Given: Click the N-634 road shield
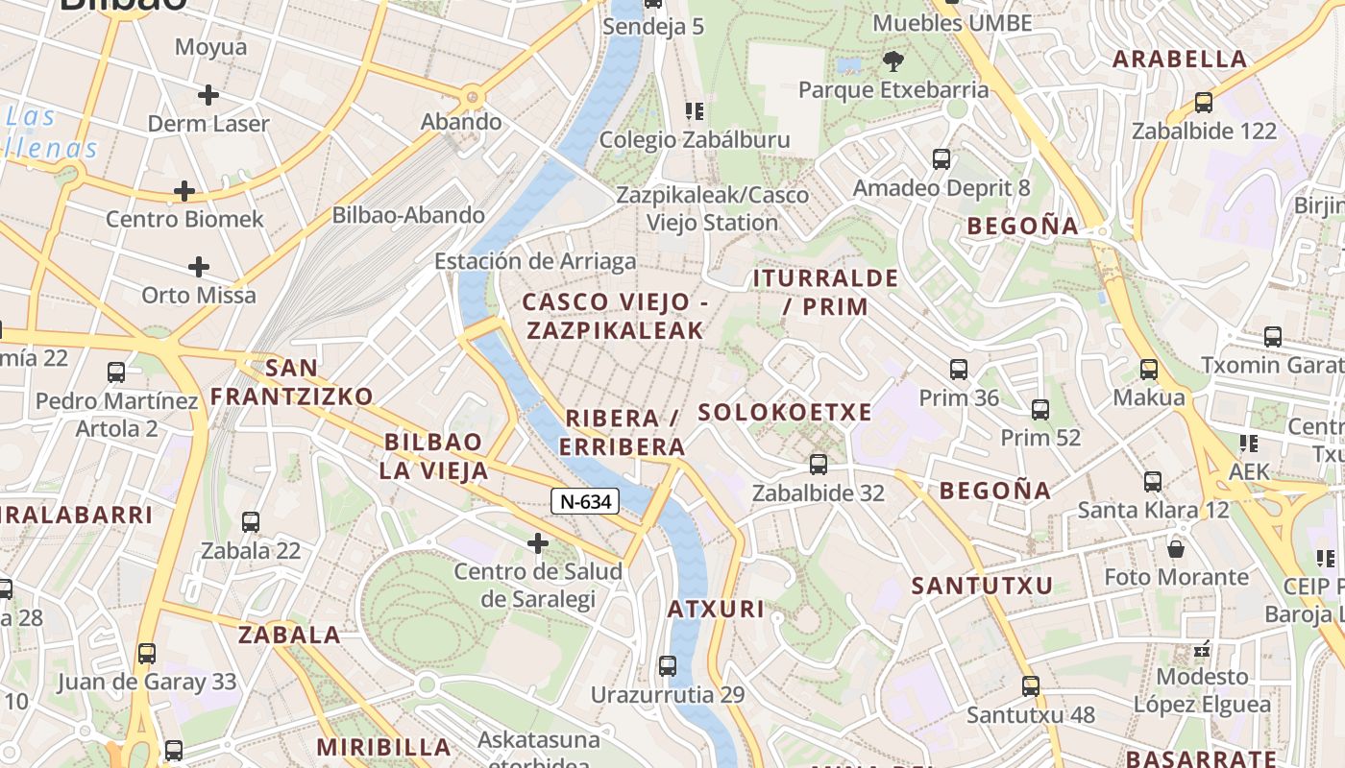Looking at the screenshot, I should [x=585, y=500].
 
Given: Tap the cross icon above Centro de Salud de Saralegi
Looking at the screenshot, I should [x=538, y=544].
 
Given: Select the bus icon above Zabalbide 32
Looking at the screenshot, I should [x=819, y=465].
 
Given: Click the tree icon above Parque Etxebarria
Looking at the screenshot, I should [x=893, y=62].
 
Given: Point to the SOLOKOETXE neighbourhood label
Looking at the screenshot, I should [x=785, y=413].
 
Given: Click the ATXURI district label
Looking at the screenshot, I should [x=716, y=609].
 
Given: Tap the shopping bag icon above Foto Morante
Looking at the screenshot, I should [x=1176, y=549].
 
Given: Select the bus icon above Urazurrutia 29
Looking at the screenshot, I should [x=668, y=665].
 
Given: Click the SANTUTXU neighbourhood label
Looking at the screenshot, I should [x=982, y=586].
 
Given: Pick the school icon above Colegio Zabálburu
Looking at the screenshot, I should [x=695, y=111].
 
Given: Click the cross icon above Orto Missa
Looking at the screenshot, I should [x=199, y=266].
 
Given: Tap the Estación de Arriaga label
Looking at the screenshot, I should [x=535, y=261].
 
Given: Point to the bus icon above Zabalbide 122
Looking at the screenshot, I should [x=1204, y=103].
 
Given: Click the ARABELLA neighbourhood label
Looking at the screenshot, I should [x=1180, y=59].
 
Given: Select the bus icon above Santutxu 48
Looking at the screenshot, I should [x=1031, y=686].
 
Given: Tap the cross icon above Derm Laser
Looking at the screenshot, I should [x=208, y=95].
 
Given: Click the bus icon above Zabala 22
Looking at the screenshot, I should [x=251, y=522].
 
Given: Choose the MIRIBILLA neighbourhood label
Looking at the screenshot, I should [x=384, y=747].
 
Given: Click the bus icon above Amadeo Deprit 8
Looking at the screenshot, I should [x=941, y=159].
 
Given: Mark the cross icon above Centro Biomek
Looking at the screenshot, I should [x=184, y=191].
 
